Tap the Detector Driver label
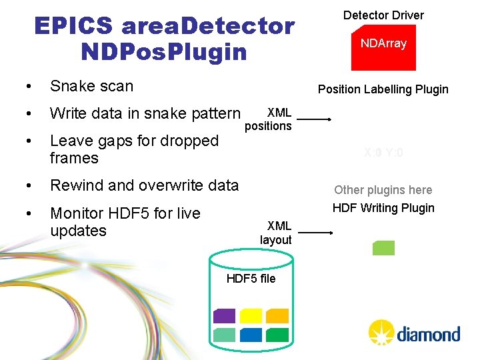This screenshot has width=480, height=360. (383, 15)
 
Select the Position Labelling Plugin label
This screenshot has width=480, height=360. (383, 89)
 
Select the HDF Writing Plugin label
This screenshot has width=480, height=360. (383, 208)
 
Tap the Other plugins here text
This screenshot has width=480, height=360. (383, 190)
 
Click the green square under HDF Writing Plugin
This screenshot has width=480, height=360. (383, 248)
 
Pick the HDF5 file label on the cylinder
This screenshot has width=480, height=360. (251, 278)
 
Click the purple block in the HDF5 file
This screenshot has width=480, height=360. (225, 316)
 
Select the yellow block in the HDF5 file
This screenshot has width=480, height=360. (251, 316)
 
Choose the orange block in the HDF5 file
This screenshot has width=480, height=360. (277, 316)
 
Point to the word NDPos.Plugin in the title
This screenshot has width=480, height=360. (163, 51)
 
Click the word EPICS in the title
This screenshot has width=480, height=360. (73, 27)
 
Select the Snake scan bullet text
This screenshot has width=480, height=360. (91, 86)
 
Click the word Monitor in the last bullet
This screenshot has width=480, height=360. (79, 213)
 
